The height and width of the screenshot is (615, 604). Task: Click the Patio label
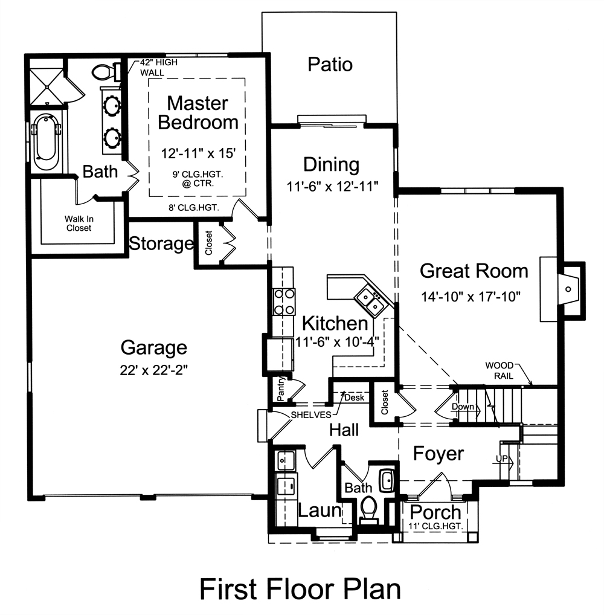pos(330,65)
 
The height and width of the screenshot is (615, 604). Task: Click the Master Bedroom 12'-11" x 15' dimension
pos(198,153)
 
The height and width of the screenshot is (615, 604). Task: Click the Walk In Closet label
pos(79,224)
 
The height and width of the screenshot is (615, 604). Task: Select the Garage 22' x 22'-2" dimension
pos(153,370)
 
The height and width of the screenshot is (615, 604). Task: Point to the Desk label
pos(354,398)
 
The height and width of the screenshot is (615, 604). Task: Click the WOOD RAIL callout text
pos(500,370)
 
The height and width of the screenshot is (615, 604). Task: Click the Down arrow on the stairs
pos(463,407)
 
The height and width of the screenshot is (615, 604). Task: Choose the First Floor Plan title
pos(300,589)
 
